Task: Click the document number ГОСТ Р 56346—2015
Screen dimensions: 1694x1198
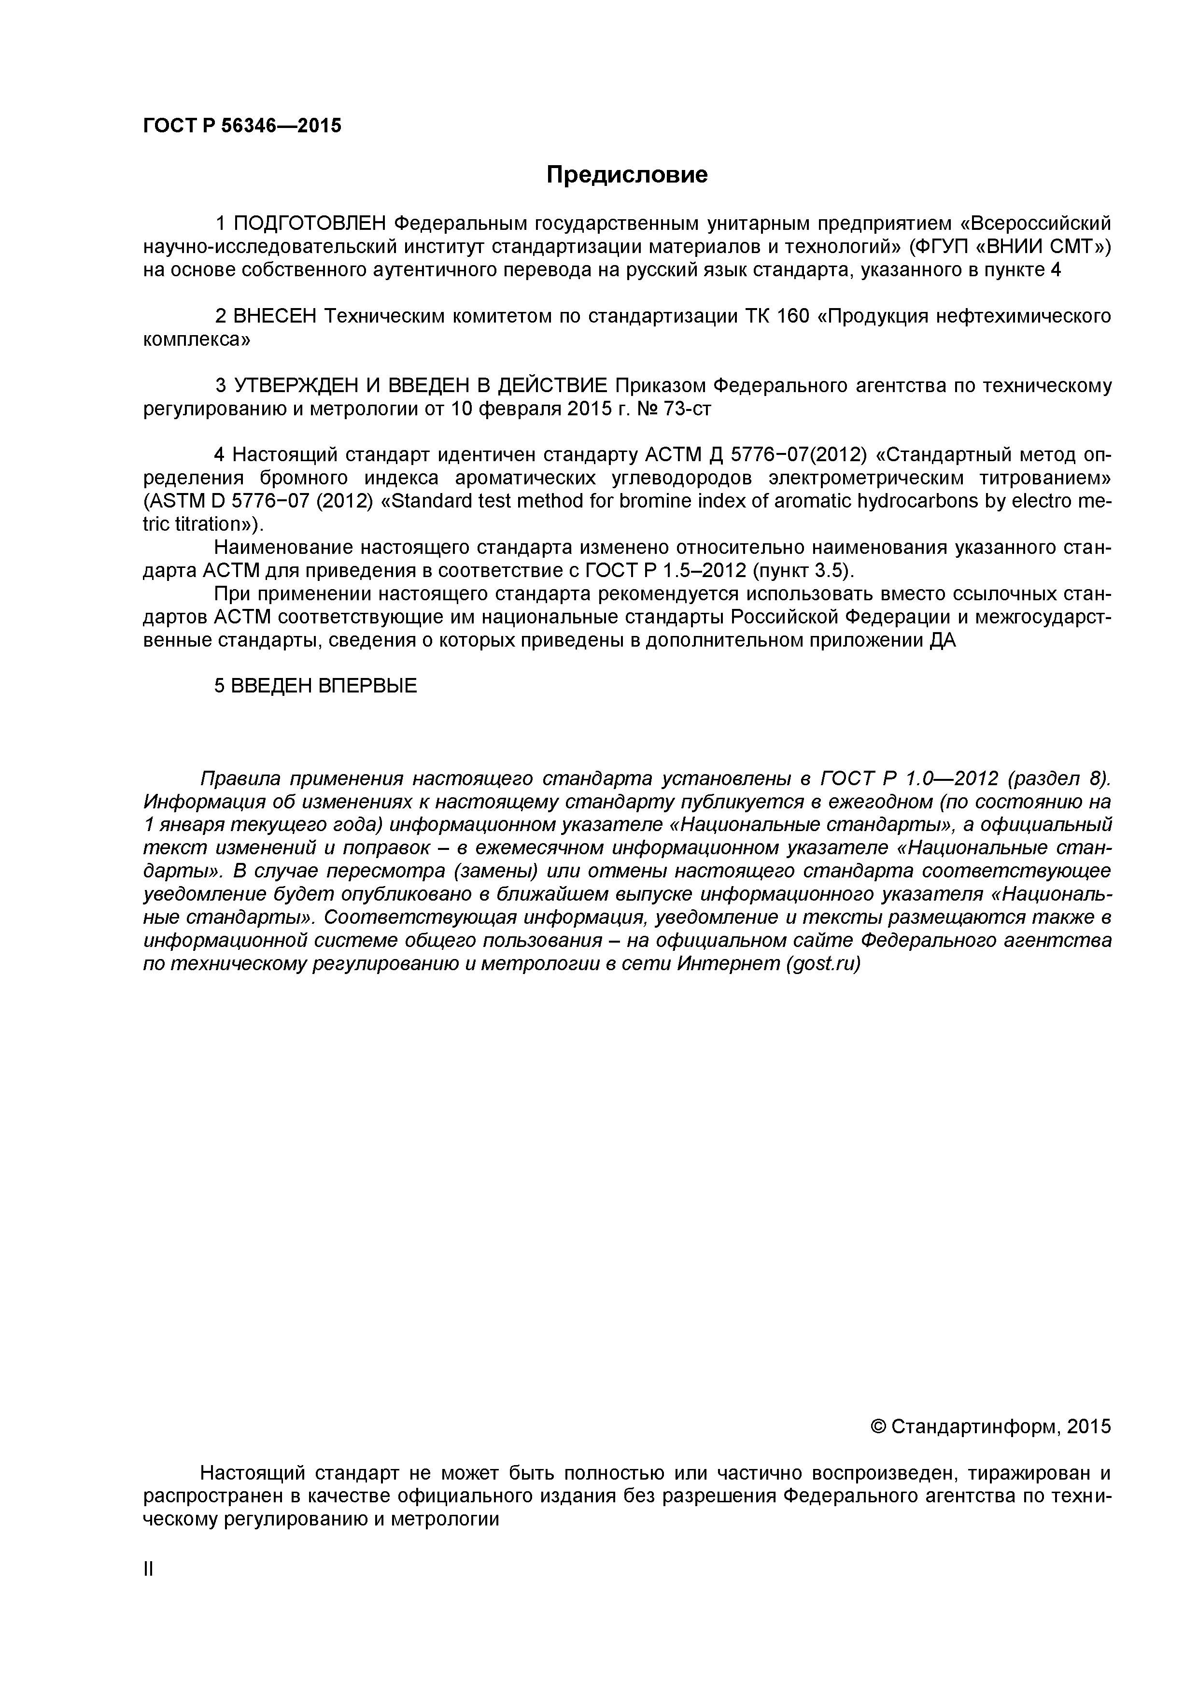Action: (x=242, y=126)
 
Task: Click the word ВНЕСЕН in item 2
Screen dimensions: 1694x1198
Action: (x=274, y=316)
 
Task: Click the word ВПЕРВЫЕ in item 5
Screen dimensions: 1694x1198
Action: (x=366, y=686)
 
